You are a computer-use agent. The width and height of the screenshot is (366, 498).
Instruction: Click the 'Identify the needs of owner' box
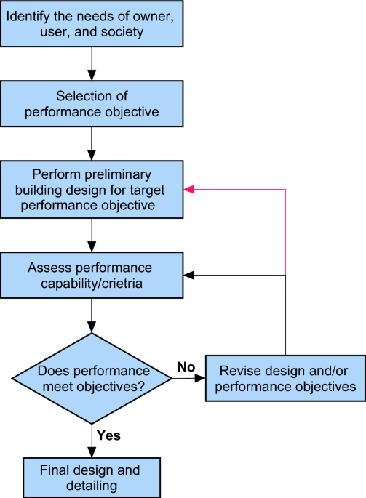click(92, 24)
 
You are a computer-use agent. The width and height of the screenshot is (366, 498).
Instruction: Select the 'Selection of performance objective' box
click(92, 103)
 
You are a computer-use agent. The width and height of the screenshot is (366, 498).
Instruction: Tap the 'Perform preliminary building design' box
click(92, 189)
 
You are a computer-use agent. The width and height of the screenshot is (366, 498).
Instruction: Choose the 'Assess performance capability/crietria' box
click(92, 275)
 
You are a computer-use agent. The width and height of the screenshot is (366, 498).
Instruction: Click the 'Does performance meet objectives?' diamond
click(92, 378)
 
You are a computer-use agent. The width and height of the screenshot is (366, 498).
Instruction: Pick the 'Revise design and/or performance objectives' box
click(285, 378)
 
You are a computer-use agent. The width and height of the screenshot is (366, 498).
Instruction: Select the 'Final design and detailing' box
click(92, 478)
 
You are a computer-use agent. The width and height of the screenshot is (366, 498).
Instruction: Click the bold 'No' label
click(186, 367)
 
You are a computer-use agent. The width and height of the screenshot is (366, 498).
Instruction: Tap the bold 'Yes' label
click(108, 435)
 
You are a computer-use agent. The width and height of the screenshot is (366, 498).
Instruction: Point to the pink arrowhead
click(188, 189)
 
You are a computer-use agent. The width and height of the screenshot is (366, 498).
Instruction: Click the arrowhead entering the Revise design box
click(200, 378)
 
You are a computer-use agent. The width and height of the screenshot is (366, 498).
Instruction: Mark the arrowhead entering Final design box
click(92, 453)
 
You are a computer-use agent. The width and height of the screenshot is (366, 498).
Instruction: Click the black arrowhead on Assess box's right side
click(188, 275)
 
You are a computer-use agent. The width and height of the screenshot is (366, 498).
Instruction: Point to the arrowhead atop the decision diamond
click(92, 327)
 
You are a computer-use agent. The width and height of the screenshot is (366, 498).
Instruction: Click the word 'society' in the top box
click(122, 32)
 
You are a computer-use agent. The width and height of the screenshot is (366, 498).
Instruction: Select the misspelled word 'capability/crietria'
click(92, 284)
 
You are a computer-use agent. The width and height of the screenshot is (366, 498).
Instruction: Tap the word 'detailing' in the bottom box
click(92, 486)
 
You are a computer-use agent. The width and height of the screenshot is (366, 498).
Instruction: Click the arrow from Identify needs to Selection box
click(92, 63)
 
